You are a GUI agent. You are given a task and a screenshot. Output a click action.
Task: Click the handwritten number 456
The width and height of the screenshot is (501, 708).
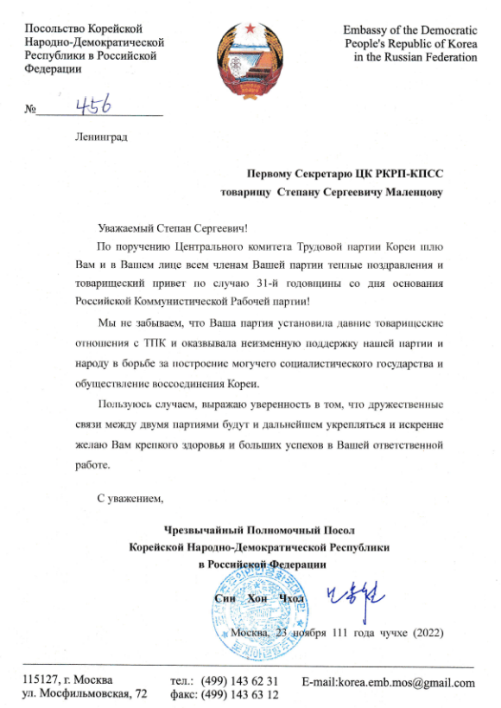click(x=97, y=105)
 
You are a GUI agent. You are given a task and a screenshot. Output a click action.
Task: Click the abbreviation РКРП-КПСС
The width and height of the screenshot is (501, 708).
click(x=407, y=174)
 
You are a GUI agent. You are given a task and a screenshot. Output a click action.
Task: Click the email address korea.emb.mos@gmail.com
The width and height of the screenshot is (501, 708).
click(x=389, y=683)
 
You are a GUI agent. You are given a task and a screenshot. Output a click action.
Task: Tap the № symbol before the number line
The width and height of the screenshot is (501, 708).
click(x=32, y=110)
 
